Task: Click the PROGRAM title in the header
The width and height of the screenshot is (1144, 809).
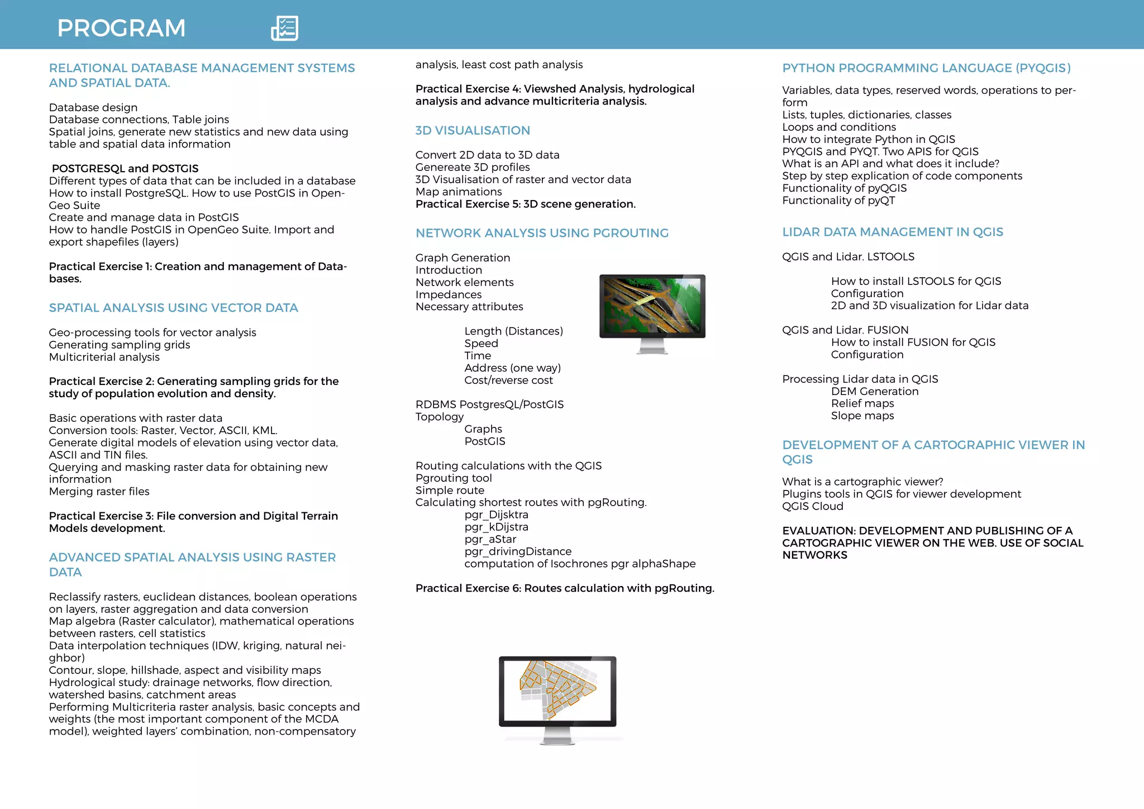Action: pos(121,28)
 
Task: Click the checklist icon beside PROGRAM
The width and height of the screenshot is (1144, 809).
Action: pos(285,28)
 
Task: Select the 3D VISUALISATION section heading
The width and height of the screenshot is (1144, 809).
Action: pos(473,130)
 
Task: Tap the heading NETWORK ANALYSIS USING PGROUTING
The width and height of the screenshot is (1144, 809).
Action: pos(542,233)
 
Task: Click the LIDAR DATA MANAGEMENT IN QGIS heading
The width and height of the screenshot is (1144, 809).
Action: pos(893,232)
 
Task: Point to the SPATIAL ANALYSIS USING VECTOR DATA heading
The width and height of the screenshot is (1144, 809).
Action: pos(173,308)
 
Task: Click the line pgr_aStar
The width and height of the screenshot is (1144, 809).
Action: pos(490,539)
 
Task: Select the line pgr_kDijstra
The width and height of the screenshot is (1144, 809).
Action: pos(496,527)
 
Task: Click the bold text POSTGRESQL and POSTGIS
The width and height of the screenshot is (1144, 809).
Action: pos(125,168)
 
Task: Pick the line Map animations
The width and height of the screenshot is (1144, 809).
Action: pos(459,192)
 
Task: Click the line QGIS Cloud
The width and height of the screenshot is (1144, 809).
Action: pos(813,506)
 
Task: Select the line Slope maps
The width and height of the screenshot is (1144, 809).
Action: pos(862,416)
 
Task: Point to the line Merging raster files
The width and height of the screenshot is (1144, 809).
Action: pos(99,492)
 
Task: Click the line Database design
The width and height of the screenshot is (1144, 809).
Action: pos(93,107)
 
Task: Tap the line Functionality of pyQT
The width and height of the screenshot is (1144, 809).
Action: pos(838,201)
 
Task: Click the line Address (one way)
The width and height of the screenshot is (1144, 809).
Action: pos(512,368)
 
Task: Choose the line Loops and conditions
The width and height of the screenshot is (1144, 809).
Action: pos(839,127)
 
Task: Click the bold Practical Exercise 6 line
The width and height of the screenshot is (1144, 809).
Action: pos(565,588)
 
